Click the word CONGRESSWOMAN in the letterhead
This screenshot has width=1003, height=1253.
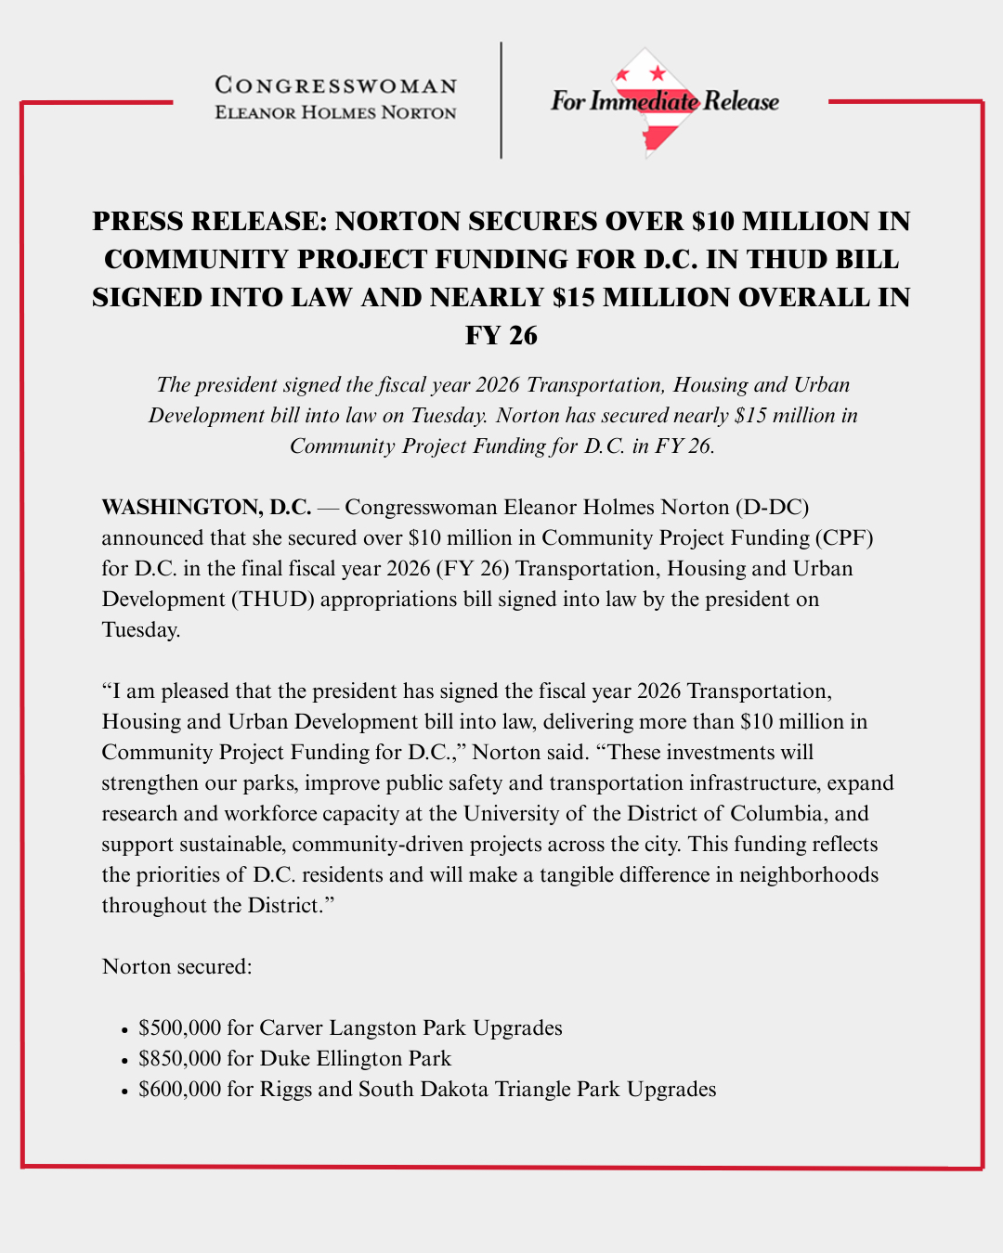(x=336, y=85)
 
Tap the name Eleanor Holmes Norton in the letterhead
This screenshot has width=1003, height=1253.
(x=336, y=113)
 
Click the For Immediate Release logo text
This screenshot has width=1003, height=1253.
(x=664, y=101)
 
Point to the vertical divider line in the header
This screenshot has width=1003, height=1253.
(x=501, y=100)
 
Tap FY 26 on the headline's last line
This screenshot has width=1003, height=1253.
(x=501, y=335)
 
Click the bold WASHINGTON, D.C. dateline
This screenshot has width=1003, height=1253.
(x=206, y=507)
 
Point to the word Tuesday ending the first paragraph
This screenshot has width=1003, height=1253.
(x=139, y=629)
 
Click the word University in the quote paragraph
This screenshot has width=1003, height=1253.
(x=514, y=813)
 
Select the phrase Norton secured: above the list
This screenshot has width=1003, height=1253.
(x=176, y=966)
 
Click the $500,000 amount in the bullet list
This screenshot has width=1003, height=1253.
(x=180, y=1027)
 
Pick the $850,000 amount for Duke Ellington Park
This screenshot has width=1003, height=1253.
(x=180, y=1058)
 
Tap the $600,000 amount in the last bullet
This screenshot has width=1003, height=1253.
(x=180, y=1089)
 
